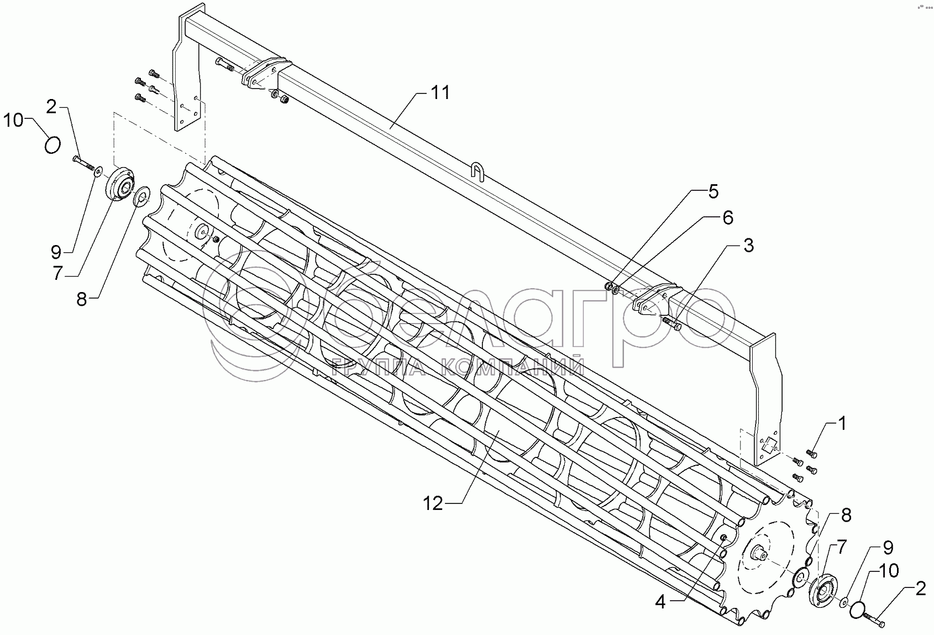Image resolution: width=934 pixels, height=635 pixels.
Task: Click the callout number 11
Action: click(440, 92)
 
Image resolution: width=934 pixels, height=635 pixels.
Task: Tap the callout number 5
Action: click(713, 192)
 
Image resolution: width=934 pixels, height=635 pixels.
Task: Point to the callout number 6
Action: click(728, 218)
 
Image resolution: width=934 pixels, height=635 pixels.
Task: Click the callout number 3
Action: click(749, 246)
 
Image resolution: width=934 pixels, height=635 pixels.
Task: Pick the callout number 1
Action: click(842, 424)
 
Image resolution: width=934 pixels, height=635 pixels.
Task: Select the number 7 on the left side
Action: click(57, 274)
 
